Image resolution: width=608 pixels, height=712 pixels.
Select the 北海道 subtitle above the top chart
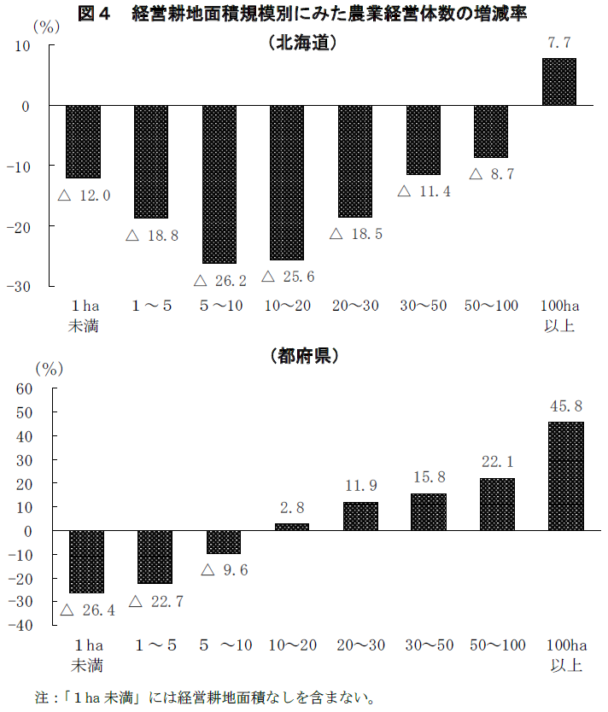pyautogui.click(x=303, y=43)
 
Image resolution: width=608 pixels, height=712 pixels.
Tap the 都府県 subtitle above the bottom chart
pyautogui.click(x=303, y=356)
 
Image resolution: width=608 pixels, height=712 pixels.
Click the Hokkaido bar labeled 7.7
pyautogui.click(x=558, y=82)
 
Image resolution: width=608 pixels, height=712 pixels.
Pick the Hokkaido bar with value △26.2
pyautogui.click(x=219, y=184)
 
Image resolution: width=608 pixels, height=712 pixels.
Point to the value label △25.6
pyautogui.click(x=288, y=277)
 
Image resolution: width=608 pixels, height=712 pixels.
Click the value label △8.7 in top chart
pyautogui.click(x=492, y=174)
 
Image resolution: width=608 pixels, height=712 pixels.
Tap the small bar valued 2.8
pyautogui.click(x=292, y=527)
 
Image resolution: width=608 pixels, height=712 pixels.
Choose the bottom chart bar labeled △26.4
pyautogui.click(x=86, y=561)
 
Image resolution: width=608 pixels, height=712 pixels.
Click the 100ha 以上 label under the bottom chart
pyautogui.click(x=564, y=655)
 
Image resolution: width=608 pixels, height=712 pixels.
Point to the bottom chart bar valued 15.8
pyautogui.click(x=428, y=511)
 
